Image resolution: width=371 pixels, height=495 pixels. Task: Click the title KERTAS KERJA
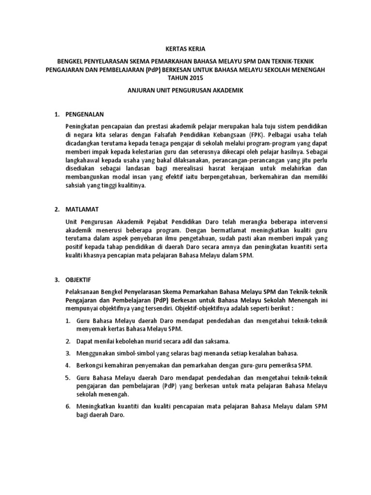pos(186,49)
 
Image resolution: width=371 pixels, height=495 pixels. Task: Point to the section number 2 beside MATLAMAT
pos(56,209)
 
